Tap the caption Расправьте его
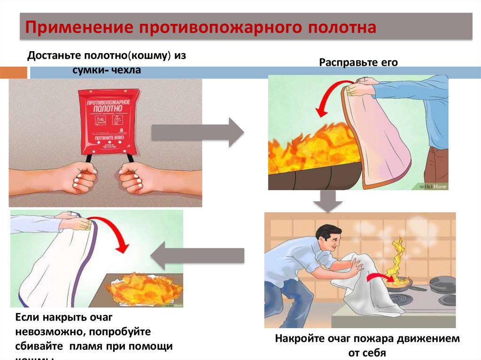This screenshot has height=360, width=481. tap(358, 62)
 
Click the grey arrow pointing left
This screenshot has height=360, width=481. tap(197, 256)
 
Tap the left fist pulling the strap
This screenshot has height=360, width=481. tap(77, 177)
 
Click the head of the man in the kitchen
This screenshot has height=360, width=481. tap(329, 237)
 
